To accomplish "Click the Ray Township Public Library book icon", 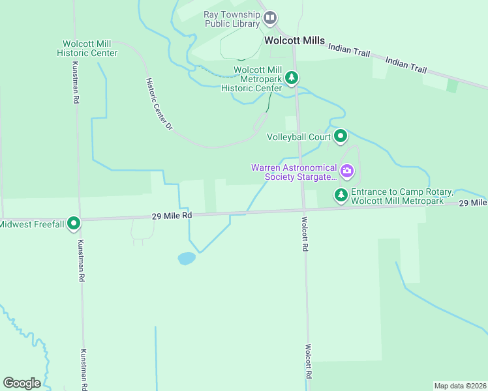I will click(270, 19).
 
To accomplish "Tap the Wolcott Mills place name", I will click(294, 40).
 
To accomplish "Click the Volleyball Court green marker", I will click(341, 137).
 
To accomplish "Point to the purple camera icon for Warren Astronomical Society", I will click(347, 172).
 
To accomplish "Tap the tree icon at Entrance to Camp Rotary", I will click(341, 195).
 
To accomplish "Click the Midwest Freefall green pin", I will click(74, 224).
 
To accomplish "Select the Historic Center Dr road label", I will click(159, 105).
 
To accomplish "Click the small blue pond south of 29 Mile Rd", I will click(187, 259).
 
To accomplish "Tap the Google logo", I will click(22, 383).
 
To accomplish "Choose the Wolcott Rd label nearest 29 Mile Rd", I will click(304, 235).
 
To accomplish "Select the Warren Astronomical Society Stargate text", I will click(294, 172).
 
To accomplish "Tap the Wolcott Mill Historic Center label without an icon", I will click(87, 48).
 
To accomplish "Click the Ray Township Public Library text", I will click(232, 19).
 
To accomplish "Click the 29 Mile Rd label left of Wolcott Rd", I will click(172, 215).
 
